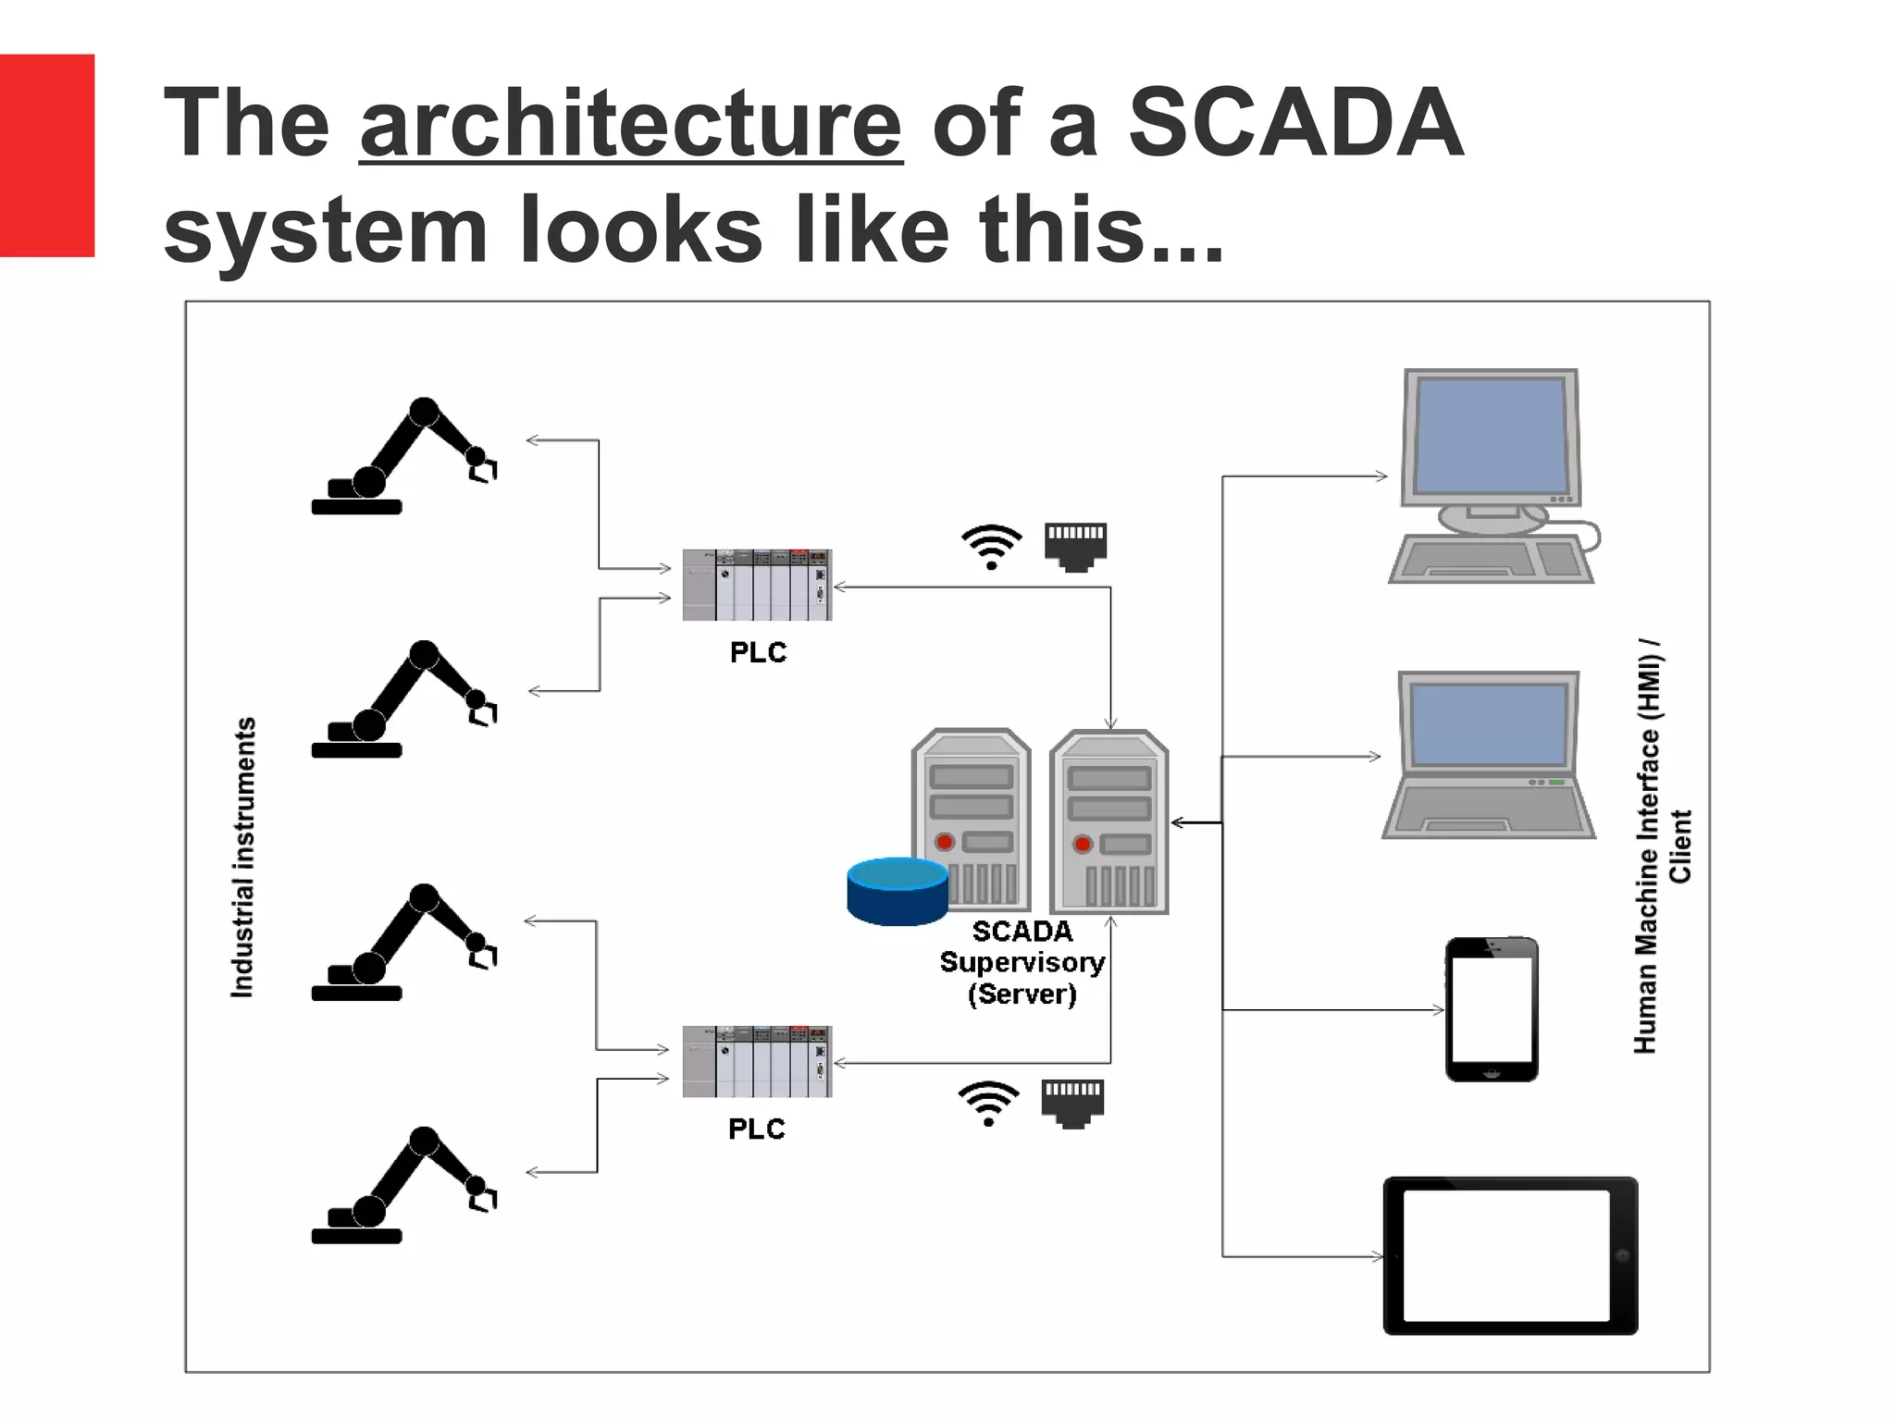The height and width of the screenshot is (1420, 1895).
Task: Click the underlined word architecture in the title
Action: [630, 123]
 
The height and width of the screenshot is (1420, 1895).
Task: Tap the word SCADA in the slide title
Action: [1295, 123]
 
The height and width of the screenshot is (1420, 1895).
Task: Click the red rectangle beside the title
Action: [46, 154]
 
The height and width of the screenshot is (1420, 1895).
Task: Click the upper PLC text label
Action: [758, 652]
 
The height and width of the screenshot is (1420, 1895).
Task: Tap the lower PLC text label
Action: [756, 1129]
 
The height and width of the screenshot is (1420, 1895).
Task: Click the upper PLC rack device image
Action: [757, 585]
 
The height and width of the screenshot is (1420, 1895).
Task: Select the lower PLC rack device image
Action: [757, 1061]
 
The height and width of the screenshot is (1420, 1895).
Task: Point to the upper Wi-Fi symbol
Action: [991, 546]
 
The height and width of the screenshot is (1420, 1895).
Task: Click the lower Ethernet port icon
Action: [1072, 1103]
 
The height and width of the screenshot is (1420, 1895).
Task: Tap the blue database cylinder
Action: [897, 891]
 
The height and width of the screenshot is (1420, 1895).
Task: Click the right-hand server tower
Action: [1109, 821]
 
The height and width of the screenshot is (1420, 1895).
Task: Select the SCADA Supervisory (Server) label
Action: [1022, 962]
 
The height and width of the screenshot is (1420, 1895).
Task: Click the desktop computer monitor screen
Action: [1491, 437]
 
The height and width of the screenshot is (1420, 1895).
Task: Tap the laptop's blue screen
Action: [1489, 725]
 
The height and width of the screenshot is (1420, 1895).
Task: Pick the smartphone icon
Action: [1492, 1009]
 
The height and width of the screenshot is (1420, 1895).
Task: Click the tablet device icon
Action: [1510, 1255]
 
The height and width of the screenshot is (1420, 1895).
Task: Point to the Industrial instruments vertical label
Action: [242, 857]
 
